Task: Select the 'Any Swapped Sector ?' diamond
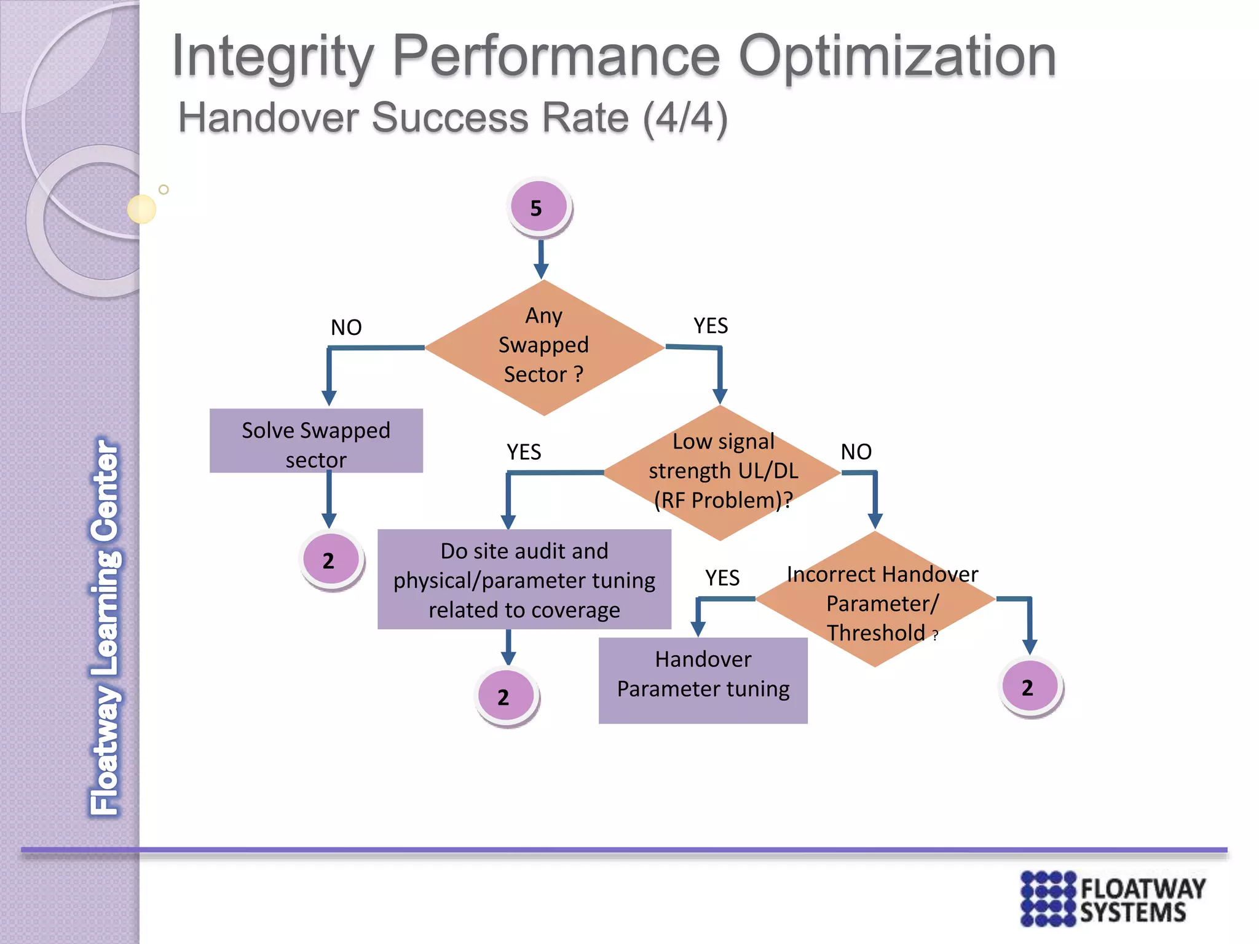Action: click(x=544, y=347)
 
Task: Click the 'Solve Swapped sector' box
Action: click(x=316, y=441)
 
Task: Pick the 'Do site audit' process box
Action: click(x=524, y=580)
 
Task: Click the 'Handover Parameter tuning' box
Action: click(x=703, y=680)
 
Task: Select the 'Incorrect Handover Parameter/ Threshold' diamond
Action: click(x=875, y=600)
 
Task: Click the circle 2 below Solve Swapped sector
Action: click(x=331, y=560)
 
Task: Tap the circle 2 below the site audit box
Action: click(x=506, y=696)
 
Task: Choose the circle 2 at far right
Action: click(x=1029, y=686)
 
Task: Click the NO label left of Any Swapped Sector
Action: click(x=346, y=328)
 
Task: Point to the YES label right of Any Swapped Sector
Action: click(x=710, y=326)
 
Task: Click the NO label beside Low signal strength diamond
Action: click(x=856, y=452)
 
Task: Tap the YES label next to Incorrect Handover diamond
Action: click(x=722, y=578)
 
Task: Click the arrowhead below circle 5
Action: click(x=541, y=271)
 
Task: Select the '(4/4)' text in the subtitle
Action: click(x=685, y=118)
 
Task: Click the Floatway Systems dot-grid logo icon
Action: click(x=1048, y=899)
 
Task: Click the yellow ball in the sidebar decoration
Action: click(x=141, y=209)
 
